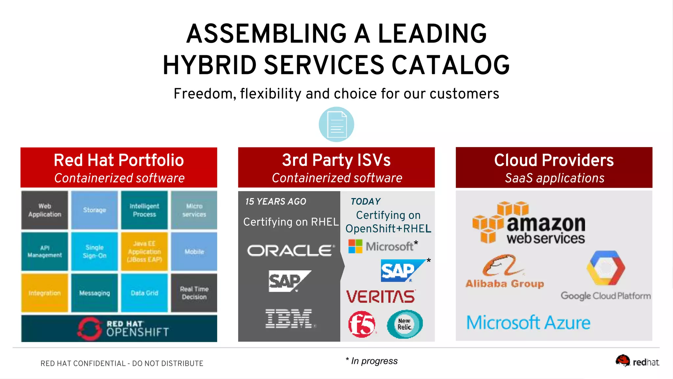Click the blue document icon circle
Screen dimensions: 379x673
click(336, 124)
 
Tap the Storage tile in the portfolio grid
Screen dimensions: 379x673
click(94, 210)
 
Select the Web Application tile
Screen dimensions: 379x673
click(45, 210)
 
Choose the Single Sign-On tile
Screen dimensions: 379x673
click(94, 251)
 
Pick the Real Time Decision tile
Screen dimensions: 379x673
click(194, 293)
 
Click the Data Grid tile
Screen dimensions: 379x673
click(144, 293)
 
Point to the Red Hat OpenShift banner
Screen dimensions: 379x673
click(119, 328)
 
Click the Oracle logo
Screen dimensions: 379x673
click(291, 251)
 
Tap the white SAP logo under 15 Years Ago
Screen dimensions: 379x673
click(289, 281)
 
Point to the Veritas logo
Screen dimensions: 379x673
click(381, 296)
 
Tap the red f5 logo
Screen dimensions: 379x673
click(361, 324)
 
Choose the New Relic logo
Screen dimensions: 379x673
click(405, 324)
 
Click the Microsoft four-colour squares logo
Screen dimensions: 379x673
click(355, 246)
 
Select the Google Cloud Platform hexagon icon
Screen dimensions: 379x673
click(605, 268)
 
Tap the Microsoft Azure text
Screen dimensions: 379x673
click(528, 323)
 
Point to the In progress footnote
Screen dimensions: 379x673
click(372, 361)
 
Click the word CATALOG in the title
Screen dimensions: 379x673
click(451, 65)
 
